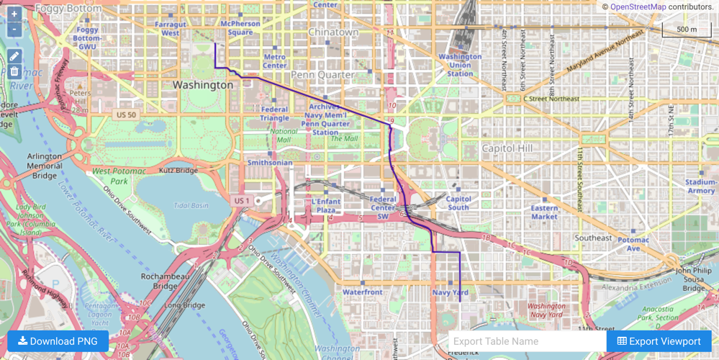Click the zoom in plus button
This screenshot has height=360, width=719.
pyautogui.click(x=14, y=14)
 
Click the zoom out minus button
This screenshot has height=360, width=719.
pyautogui.click(x=14, y=29)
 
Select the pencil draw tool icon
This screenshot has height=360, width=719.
pyautogui.click(x=14, y=56)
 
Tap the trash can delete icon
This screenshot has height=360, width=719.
pyautogui.click(x=14, y=71)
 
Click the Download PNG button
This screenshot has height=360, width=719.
pyautogui.click(x=58, y=341)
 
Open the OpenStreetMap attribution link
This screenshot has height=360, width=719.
pyautogui.click(x=637, y=6)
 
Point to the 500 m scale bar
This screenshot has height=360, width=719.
pyautogui.click(x=687, y=30)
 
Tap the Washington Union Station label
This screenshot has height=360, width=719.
pyautogui.click(x=460, y=65)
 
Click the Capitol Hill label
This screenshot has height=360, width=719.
pyautogui.click(x=507, y=148)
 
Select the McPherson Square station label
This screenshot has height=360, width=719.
pyautogui.click(x=240, y=28)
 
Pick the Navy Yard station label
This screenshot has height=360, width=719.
pyautogui.click(x=451, y=292)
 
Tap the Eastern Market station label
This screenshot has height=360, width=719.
pyautogui.click(x=544, y=212)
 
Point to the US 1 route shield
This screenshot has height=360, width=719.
pyautogui.click(x=241, y=200)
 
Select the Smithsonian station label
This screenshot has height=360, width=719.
pyautogui.click(x=270, y=163)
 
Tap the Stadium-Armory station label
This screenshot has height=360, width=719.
pyautogui.click(x=701, y=186)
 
